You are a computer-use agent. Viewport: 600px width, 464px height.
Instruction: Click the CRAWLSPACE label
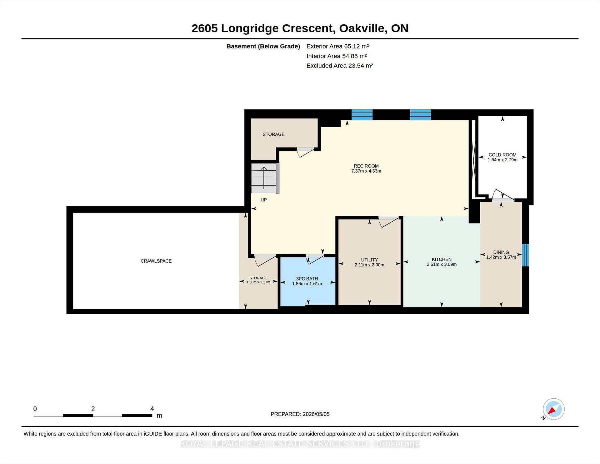click(156, 261)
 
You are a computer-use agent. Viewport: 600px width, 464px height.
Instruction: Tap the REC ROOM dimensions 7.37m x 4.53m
click(366, 171)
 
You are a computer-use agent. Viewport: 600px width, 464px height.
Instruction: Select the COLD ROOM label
click(502, 155)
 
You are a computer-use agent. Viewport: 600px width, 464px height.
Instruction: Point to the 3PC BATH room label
click(307, 279)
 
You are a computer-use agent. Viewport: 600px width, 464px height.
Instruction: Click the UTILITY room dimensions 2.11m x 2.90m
click(369, 265)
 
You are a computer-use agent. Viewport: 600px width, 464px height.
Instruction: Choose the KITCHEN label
click(442, 259)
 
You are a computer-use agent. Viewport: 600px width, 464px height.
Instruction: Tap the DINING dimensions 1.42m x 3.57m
click(501, 257)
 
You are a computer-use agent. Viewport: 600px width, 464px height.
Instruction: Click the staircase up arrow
click(264, 178)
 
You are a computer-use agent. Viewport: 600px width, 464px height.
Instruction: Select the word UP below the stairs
click(264, 200)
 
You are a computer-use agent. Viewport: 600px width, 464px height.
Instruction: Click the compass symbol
click(553, 409)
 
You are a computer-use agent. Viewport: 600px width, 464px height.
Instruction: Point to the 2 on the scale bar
click(93, 409)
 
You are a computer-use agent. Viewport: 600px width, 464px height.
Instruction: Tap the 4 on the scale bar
click(152, 409)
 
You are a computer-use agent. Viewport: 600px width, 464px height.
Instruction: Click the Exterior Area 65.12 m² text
click(337, 46)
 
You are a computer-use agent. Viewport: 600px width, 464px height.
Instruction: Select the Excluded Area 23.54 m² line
click(340, 66)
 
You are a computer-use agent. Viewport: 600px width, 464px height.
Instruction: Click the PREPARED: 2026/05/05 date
click(300, 414)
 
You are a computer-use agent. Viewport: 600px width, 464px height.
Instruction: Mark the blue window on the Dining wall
click(525, 255)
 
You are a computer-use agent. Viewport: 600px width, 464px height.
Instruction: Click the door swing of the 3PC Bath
click(315, 260)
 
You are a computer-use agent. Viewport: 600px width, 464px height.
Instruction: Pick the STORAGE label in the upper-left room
click(273, 134)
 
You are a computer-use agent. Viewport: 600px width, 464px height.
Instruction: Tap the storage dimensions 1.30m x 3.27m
click(258, 282)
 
